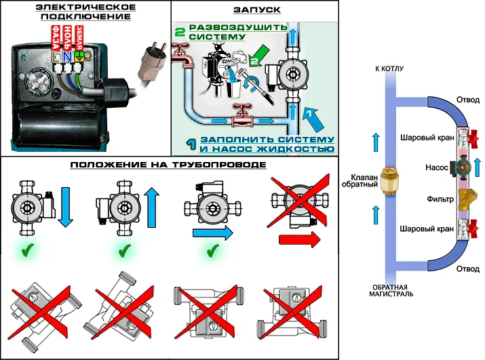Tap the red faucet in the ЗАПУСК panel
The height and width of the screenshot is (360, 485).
click(x=181, y=52)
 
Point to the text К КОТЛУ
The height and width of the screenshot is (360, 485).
click(x=387, y=70)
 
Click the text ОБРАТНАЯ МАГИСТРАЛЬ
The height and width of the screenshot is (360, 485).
click(x=387, y=289)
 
